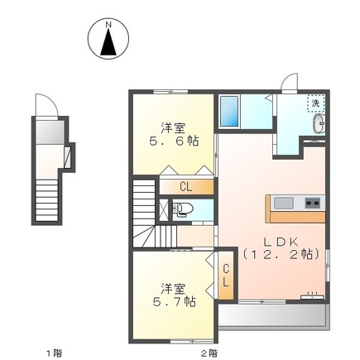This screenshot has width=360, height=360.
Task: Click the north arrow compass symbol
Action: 108,39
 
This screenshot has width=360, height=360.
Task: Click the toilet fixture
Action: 185,209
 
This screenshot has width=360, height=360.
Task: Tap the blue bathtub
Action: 229,111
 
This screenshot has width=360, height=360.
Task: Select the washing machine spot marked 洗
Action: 315,103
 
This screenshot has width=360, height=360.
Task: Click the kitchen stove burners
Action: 313,203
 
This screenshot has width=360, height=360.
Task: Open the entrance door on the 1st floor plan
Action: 46,107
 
